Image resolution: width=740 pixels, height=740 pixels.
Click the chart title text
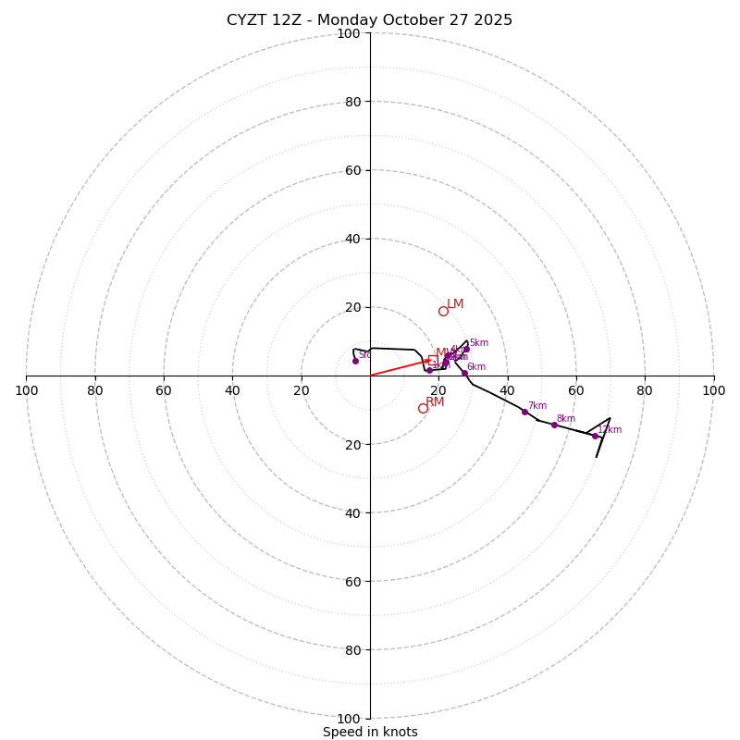pos(370,20)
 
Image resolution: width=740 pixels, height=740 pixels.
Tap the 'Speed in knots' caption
pos(370,732)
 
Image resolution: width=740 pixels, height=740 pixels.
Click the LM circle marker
pos(443,311)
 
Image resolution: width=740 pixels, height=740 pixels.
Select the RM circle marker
pos(423,408)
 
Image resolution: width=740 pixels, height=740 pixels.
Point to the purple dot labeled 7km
pos(524,412)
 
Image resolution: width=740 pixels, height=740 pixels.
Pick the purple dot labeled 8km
pos(554,425)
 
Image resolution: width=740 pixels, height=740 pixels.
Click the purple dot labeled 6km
pos(464,373)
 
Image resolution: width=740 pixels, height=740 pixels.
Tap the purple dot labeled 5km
pos(466,349)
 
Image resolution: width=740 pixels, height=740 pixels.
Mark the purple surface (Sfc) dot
pos(355,361)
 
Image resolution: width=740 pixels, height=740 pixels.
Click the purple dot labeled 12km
pos(595,436)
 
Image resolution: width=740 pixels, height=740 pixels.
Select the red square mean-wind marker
pos(433,360)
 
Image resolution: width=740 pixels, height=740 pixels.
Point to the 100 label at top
pos(349,33)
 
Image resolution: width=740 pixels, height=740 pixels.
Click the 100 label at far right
pos(713,390)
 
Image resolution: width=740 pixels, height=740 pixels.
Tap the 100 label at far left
pos(26,390)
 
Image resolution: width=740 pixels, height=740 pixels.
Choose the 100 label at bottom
pos(349,719)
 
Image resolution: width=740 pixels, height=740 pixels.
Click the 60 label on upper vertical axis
pos(351,170)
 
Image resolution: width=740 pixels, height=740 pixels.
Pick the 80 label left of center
pos(95,390)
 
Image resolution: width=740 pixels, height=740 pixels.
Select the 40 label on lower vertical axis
pos(351,512)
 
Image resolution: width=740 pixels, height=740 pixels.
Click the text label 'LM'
pos(455,304)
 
